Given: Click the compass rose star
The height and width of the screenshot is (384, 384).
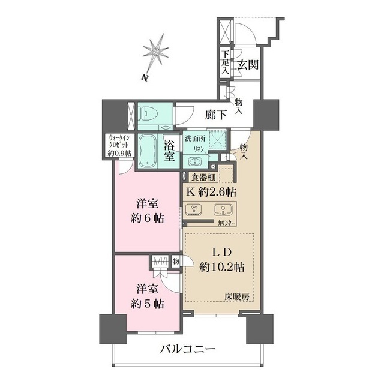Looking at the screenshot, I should pos(157,52).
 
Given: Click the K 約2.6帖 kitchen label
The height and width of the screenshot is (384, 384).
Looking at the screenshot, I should pos(211,192).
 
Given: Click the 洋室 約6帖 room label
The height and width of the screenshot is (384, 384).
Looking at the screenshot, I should pos(148,211).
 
